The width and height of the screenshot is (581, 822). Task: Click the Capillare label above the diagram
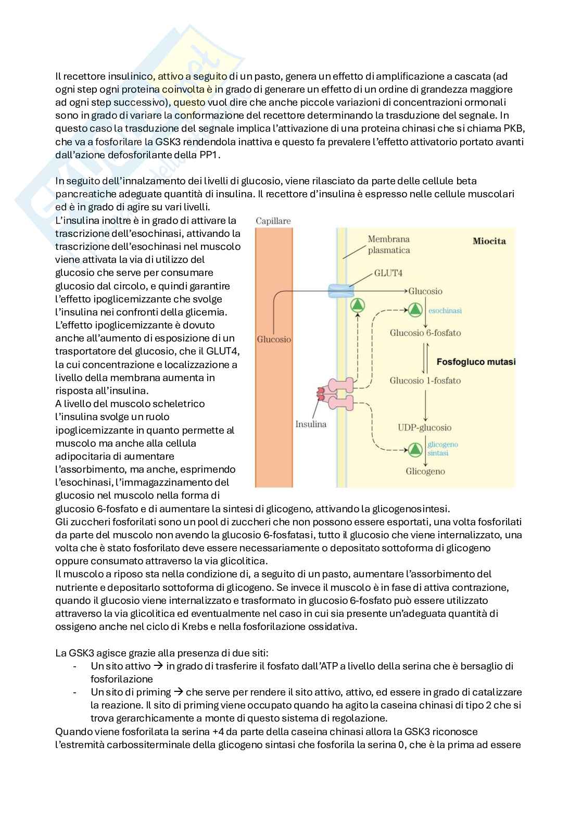point(273,221)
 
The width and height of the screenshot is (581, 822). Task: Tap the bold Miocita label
point(489,241)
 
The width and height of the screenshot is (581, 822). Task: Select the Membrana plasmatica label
point(388,245)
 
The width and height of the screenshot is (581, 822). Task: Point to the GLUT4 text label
point(388,273)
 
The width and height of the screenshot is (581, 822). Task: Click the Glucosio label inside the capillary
point(274,339)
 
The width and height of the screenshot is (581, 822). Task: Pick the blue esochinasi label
point(445,310)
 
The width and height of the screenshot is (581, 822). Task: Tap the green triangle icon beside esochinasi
point(415,310)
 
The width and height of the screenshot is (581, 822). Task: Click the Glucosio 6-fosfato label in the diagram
point(425,333)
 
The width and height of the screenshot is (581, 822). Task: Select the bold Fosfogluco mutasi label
point(475,361)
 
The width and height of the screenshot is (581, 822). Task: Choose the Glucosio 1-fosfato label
point(425,381)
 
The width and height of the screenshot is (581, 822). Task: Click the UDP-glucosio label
point(424,427)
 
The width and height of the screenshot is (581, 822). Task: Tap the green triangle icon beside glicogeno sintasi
point(415,449)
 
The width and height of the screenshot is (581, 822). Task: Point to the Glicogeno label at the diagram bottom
point(425,471)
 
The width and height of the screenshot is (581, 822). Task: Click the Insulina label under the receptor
point(311,424)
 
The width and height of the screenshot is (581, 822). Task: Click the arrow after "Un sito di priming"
point(178,692)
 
